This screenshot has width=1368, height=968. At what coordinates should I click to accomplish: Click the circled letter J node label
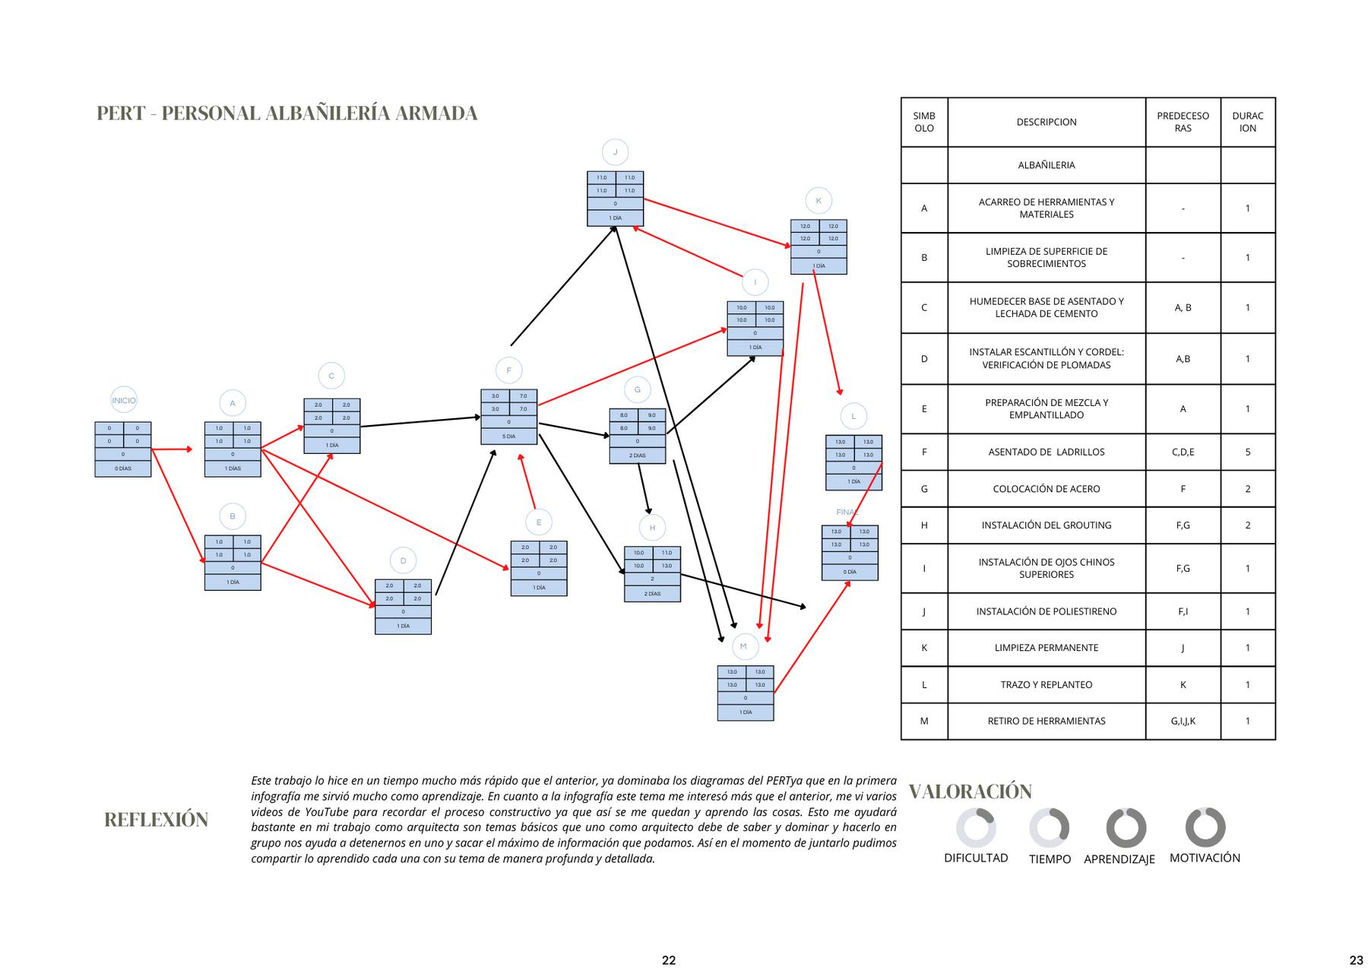click(x=615, y=152)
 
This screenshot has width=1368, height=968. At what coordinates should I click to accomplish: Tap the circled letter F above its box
click(x=508, y=370)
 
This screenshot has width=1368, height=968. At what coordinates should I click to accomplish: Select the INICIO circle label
click(x=124, y=401)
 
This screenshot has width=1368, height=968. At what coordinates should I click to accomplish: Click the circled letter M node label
click(x=743, y=646)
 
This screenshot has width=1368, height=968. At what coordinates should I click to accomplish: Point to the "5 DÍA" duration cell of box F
click(x=508, y=436)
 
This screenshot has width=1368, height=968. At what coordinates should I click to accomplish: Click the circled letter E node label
click(x=539, y=522)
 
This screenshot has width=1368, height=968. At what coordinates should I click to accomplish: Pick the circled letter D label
click(x=403, y=561)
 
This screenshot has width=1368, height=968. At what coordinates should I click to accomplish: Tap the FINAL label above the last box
click(x=847, y=512)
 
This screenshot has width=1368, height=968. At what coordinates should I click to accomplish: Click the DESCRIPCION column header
click(x=1046, y=122)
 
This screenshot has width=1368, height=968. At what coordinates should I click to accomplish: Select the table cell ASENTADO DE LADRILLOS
click(x=1046, y=452)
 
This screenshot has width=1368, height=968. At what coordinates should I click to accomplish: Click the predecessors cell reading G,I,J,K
click(x=1183, y=721)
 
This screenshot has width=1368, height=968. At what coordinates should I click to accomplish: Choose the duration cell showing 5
click(x=1247, y=452)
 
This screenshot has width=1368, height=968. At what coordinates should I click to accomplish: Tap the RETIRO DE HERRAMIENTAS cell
click(x=1046, y=721)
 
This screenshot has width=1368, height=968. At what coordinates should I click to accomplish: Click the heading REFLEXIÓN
click(x=156, y=820)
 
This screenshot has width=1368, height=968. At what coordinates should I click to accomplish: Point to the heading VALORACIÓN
click(x=970, y=792)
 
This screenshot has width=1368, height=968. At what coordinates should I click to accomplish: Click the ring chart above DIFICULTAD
click(x=976, y=827)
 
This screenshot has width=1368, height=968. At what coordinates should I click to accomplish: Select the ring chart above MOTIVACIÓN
click(x=1205, y=827)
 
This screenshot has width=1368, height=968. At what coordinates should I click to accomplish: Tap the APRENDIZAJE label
click(x=1119, y=859)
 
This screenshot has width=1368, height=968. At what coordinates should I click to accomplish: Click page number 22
click(x=669, y=960)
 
